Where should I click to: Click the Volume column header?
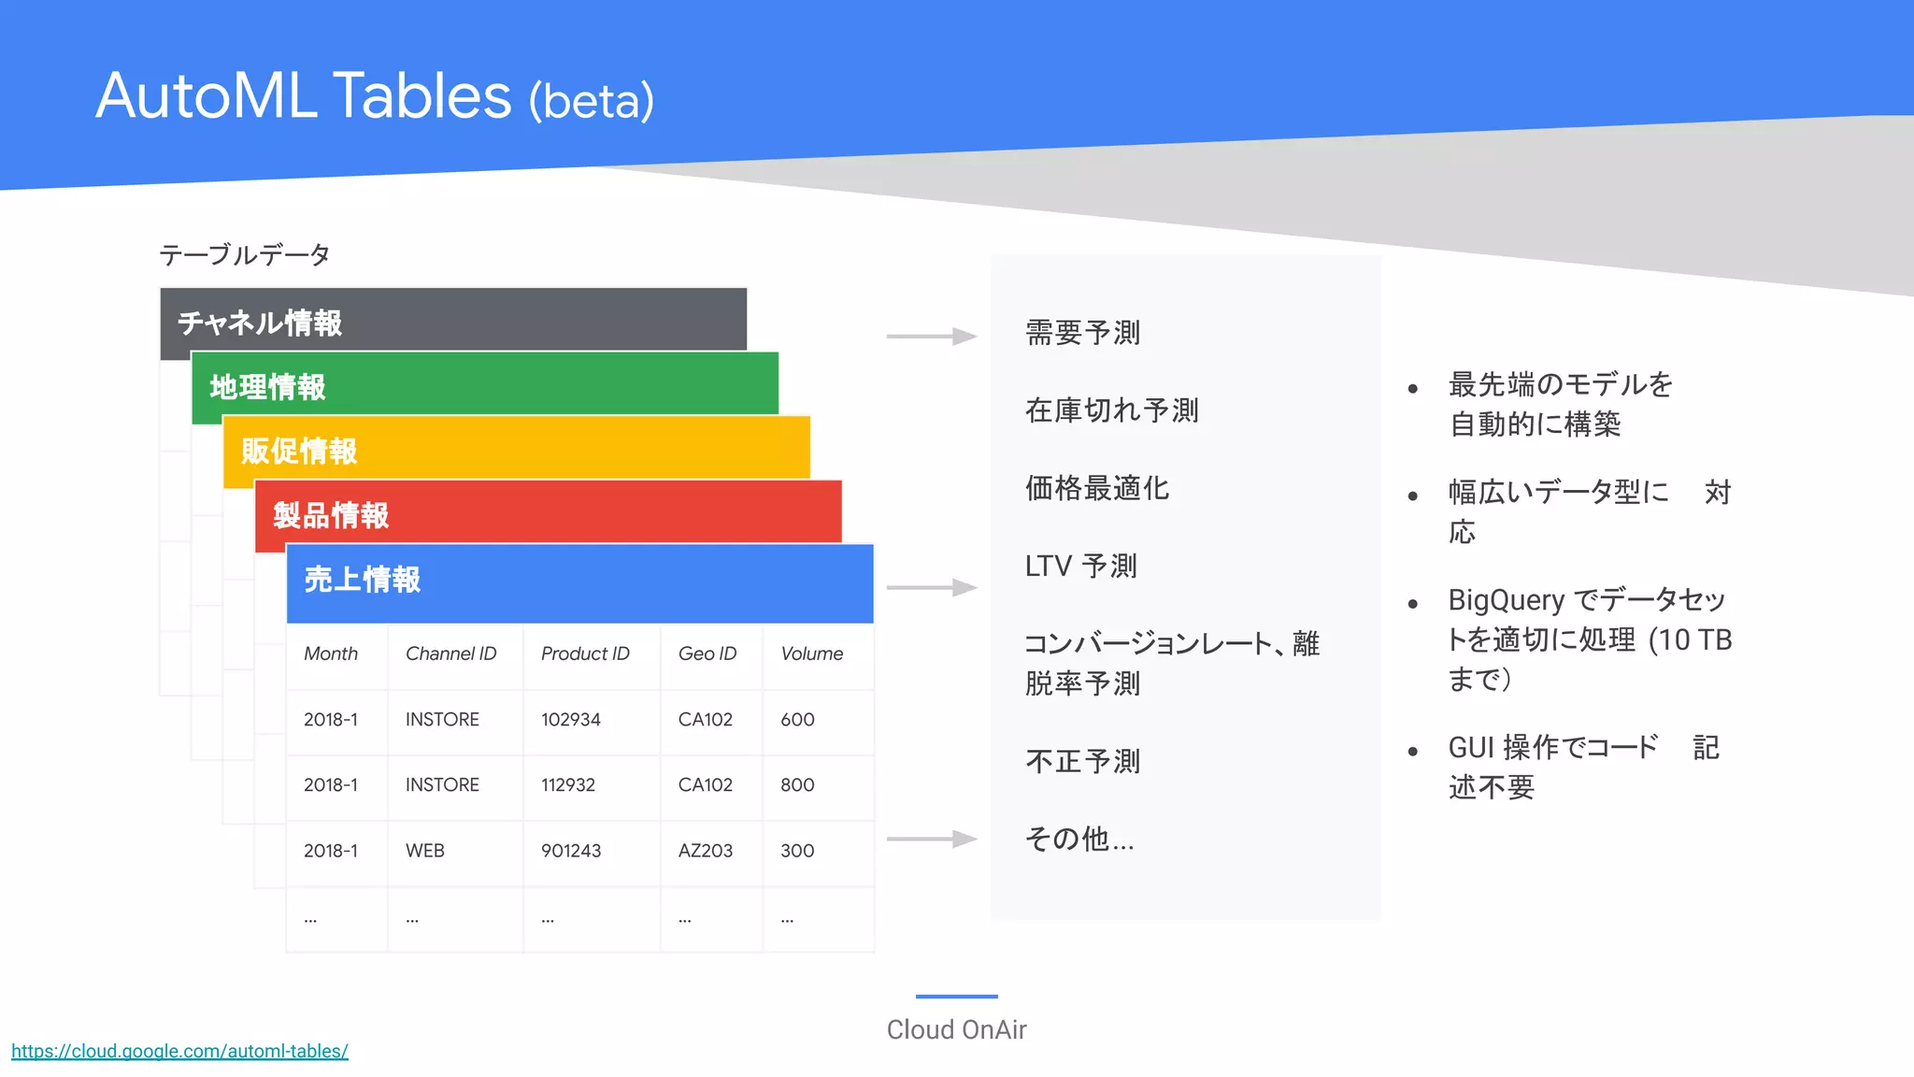[x=811, y=653]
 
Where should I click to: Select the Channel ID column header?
[x=450, y=653]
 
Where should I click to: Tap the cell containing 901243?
[x=570, y=851]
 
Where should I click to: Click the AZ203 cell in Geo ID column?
[x=705, y=851]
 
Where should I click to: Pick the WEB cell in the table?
[x=424, y=851]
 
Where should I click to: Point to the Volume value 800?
[x=797, y=785]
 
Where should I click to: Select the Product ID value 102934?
[x=570, y=720]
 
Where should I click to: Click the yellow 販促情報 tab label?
[x=299, y=451]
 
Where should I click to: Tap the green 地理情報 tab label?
[x=267, y=387]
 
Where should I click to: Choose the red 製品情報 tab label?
[x=331, y=515]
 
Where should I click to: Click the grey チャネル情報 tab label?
[x=260, y=323]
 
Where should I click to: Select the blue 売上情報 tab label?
[x=363, y=580]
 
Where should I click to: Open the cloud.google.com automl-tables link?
[x=179, y=1051]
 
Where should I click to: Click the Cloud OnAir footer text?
[x=956, y=1029]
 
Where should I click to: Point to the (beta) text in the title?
[x=591, y=101]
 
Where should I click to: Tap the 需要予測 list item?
[x=1082, y=333]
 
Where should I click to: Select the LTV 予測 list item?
[x=1080, y=566]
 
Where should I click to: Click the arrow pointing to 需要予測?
[x=931, y=336]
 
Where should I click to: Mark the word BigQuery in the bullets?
[x=1506, y=599]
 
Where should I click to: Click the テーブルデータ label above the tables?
[x=245, y=254]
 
